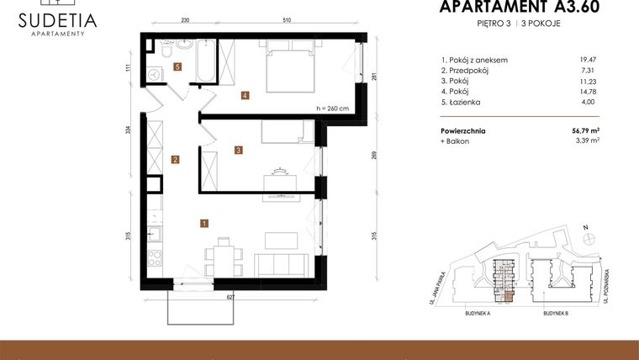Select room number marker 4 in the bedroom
point(244,95)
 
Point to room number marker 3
point(239,151)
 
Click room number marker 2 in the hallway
point(175,159)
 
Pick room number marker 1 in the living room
point(203,223)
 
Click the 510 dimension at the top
point(287,20)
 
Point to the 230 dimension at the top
point(185,20)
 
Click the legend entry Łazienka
point(462,101)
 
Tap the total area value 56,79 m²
point(586,130)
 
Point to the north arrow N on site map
point(585,226)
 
